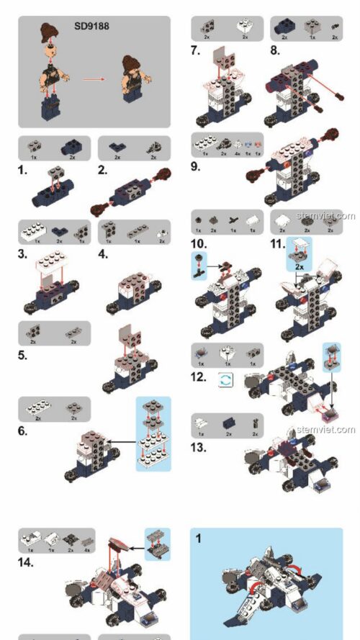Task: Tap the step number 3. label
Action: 24,254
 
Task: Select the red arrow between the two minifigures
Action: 91,79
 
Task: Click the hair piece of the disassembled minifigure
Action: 50,33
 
